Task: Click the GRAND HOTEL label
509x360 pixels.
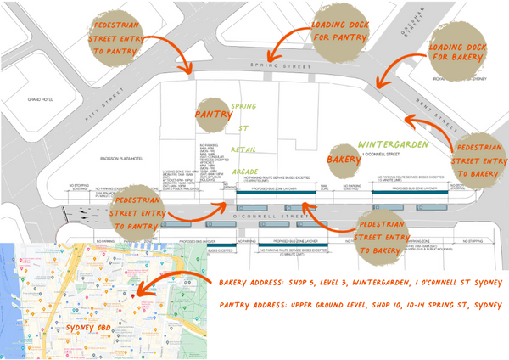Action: click(x=41, y=99)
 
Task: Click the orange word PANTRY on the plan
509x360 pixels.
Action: click(x=213, y=113)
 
